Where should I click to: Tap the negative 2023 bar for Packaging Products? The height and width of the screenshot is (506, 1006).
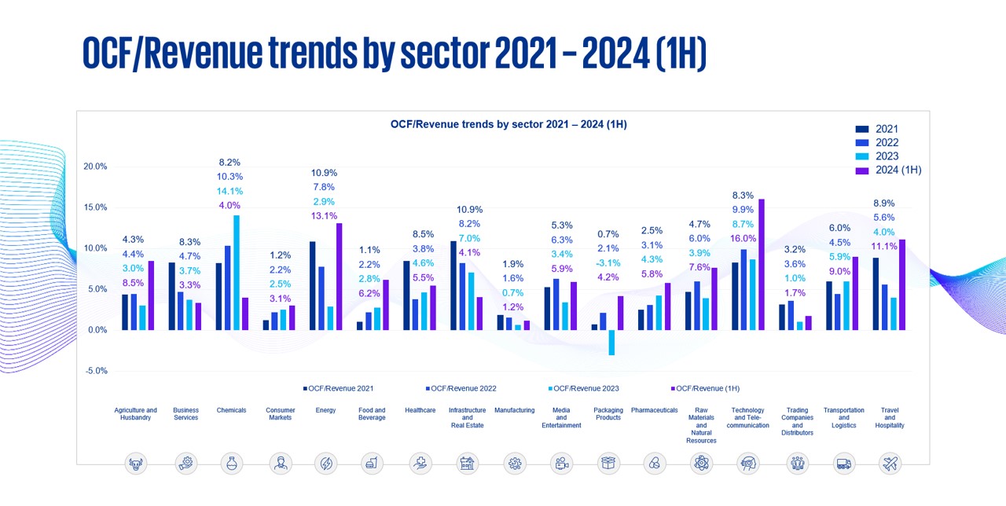click(x=611, y=343)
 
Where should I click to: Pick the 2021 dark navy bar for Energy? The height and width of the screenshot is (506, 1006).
click(x=313, y=286)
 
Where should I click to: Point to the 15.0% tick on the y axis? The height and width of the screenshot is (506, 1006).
click(x=95, y=207)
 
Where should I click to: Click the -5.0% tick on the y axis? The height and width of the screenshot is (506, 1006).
click(x=95, y=371)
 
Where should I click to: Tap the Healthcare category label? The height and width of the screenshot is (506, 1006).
click(x=420, y=410)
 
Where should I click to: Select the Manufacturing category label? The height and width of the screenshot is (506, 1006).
click(x=514, y=410)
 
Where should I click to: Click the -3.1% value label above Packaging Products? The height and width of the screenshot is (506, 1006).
click(x=608, y=262)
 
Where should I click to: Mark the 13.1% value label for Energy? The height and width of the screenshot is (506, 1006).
click(x=324, y=216)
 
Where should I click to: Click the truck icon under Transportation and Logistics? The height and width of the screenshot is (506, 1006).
click(x=843, y=464)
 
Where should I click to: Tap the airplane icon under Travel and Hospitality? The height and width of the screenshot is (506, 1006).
click(x=890, y=464)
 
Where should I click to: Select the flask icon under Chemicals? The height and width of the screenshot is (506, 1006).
click(x=231, y=464)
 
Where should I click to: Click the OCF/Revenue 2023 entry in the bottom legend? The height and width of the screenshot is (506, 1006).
click(x=586, y=388)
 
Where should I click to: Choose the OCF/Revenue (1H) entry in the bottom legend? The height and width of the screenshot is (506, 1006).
click(x=707, y=388)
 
